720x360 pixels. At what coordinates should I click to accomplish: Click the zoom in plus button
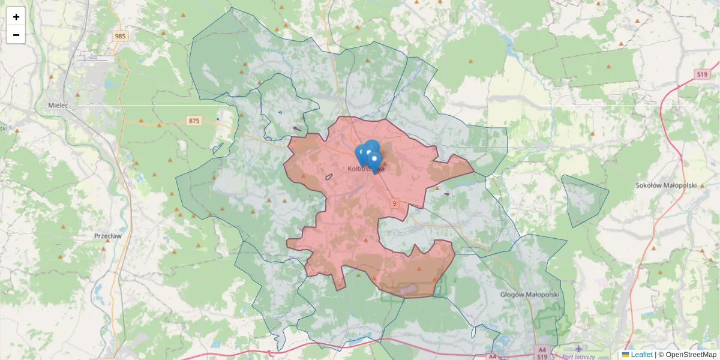[x=16, y=17]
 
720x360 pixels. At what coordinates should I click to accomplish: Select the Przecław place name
[x=108, y=236]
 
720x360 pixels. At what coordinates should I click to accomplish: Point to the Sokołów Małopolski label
[x=666, y=185]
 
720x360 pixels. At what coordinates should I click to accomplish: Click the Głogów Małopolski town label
[x=529, y=295]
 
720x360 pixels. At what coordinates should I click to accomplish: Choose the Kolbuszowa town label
[x=365, y=169]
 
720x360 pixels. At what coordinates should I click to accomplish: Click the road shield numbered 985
[x=121, y=36]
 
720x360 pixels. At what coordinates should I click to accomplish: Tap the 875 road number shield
[x=193, y=121]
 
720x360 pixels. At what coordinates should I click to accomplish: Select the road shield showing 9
[x=394, y=203]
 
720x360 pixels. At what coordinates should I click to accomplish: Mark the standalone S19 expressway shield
[x=703, y=74]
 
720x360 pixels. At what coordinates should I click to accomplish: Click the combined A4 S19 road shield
[x=542, y=352]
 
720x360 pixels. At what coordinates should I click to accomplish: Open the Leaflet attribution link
[x=641, y=355]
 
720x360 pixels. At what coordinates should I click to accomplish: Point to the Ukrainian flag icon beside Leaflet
[x=626, y=355]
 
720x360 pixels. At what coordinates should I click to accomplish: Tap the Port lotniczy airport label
[x=578, y=356]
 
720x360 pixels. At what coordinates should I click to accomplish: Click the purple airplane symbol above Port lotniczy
[x=578, y=348]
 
